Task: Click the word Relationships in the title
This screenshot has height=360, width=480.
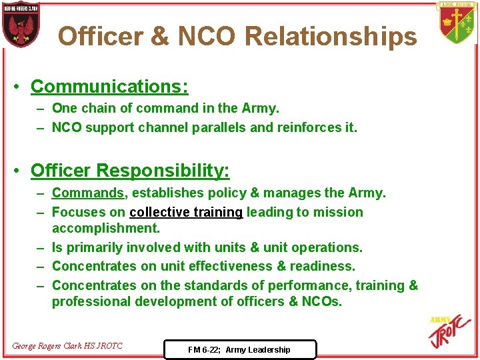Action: tap(331, 36)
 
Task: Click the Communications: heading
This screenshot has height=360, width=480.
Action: tap(109, 87)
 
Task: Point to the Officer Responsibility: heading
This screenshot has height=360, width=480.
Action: tap(130, 171)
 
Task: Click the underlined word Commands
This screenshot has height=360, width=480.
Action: tap(88, 193)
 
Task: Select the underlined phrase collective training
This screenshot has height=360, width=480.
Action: tap(186, 212)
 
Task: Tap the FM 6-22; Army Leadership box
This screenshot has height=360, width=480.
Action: tap(239, 349)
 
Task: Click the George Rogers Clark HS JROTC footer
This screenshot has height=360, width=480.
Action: tap(67, 345)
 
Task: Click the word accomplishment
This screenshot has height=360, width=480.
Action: tap(106, 228)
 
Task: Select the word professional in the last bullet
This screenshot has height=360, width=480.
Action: tap(91, 301)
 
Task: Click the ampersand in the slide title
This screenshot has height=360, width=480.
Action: tap(159, 36)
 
